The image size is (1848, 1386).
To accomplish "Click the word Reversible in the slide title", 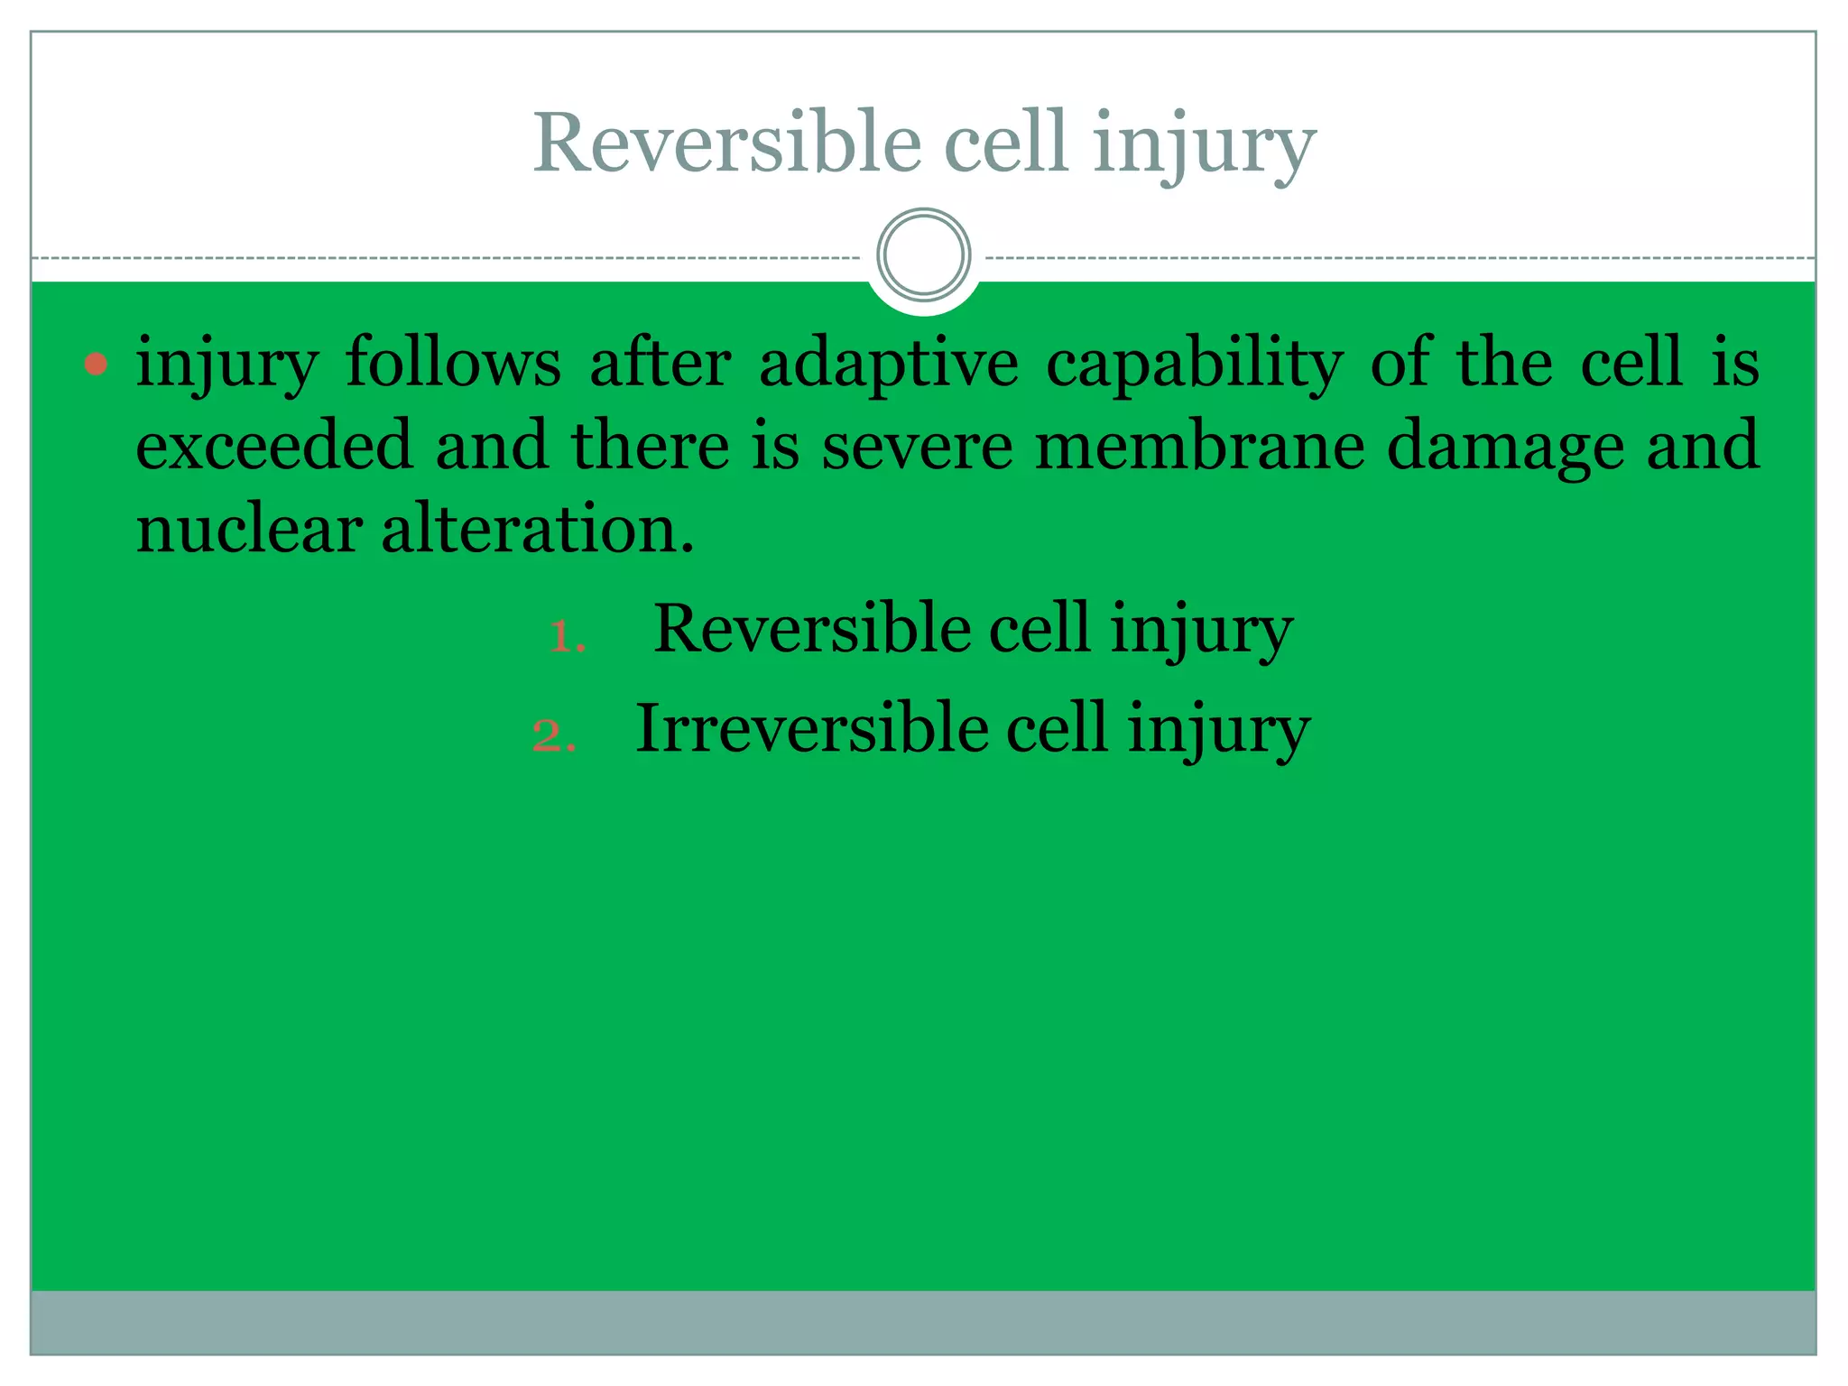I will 726,143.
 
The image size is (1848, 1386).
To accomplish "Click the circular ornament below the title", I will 923,255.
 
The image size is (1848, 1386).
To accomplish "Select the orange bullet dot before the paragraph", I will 96,365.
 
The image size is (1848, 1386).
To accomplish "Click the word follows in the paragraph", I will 454,363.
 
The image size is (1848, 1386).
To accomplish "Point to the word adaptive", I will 889,363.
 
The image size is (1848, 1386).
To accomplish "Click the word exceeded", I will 273,445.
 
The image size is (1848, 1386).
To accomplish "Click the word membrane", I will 1199,445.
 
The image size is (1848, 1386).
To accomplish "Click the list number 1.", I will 567,637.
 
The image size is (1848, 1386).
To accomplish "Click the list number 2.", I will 552,736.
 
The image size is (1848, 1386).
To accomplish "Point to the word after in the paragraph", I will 660,363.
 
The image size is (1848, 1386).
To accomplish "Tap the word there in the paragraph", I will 650,445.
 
